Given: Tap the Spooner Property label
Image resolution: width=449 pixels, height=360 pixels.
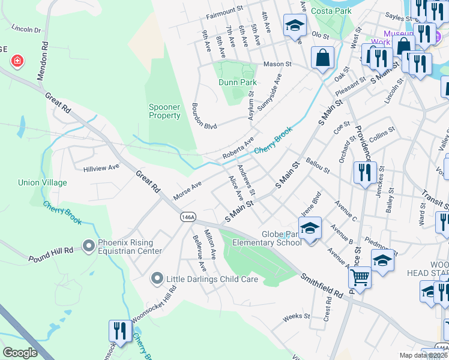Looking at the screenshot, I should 164,111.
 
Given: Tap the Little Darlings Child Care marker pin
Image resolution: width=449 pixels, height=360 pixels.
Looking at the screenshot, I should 157,278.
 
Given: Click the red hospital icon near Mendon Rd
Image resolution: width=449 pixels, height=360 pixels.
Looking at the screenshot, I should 17,61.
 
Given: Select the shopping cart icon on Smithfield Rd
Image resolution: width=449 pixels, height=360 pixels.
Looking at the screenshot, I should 360,277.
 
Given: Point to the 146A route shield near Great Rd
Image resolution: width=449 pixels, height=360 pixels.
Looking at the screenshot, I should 187,218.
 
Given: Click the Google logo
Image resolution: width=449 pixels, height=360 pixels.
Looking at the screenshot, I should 20,352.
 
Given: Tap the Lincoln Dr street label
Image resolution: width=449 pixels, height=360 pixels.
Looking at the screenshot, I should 26,29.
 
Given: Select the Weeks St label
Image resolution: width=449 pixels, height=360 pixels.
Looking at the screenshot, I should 295,316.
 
